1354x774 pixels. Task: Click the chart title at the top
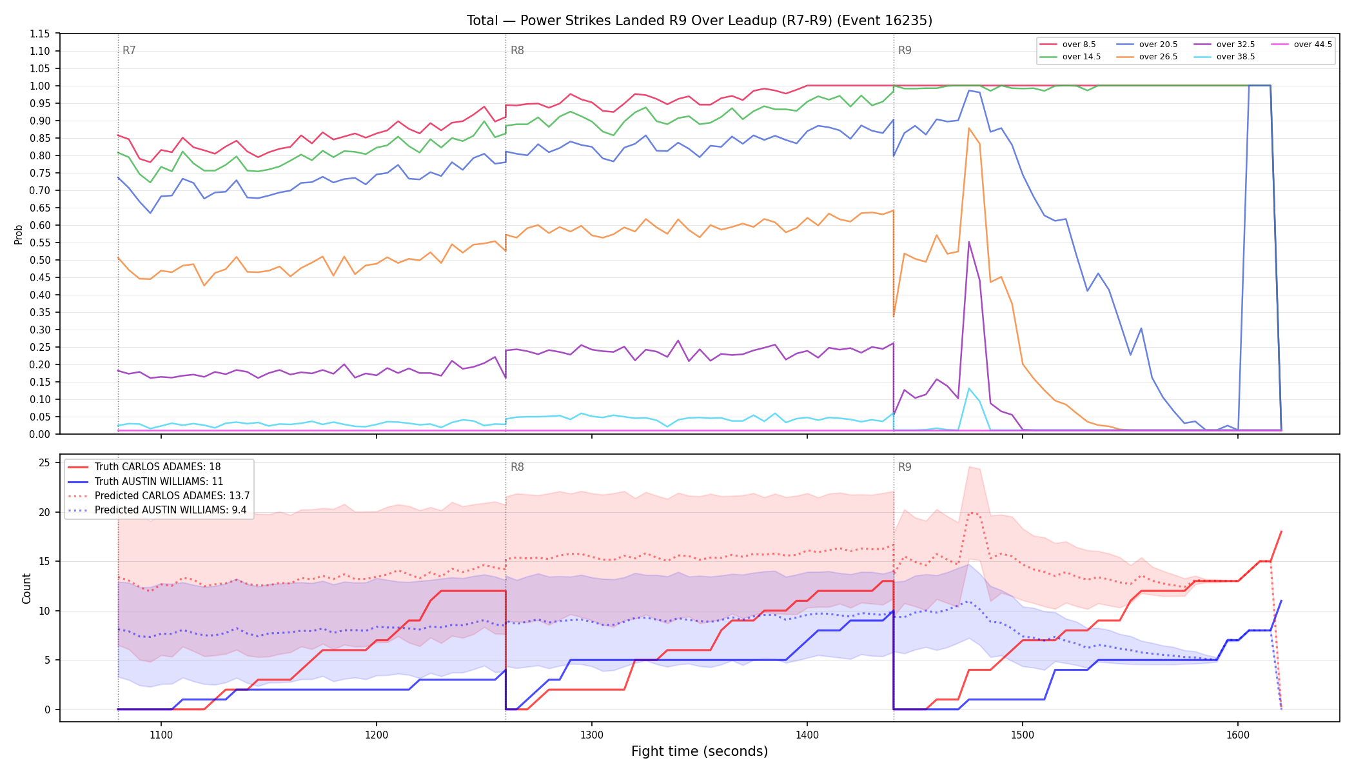click(x=700, y=21)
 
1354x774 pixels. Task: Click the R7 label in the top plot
click(x=129, y=50)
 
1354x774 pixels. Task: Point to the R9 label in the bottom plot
click(x=905, y=467)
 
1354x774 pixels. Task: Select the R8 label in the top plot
click(x=517, y=50)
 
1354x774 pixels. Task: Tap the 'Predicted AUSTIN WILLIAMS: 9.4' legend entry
click(x=159, y=510)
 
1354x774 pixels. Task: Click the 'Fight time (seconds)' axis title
click(x=700, y=751)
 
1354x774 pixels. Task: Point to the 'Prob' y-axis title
click(x=18, y=234)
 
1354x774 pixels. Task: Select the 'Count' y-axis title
click(x=26, y=588)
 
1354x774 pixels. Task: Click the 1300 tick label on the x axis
click(x=592, y=735)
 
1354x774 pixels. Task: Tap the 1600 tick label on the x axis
click(x=1237, y=735)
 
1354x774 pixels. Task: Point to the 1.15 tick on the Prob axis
click(x=40, y=34)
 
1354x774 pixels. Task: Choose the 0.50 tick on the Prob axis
click(x=40, y=260)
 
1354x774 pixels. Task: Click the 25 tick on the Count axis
click(x=44, y=462)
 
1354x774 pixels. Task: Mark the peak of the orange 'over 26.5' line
click(x=969, y=128)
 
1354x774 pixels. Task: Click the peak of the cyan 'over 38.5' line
click(x=969, y=388)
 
